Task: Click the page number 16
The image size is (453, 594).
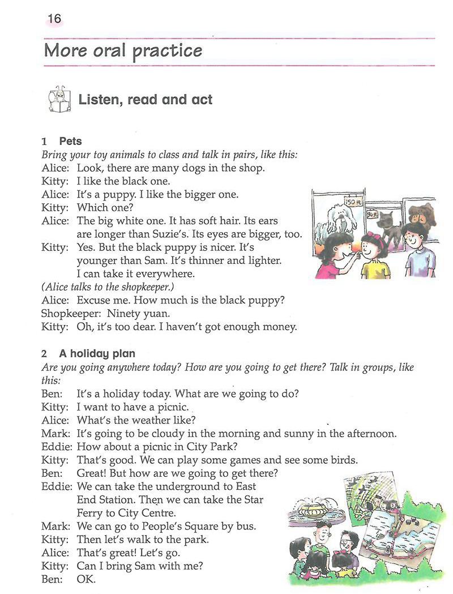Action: (x=54, y=19)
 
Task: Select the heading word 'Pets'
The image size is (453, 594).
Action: (x=70, y=142)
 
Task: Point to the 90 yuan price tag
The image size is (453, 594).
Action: (x=372, y=215)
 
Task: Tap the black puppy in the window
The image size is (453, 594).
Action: (x=389, y=223)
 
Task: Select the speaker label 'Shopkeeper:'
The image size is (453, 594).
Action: (x=68, y=313)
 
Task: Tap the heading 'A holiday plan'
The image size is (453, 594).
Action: (x=97, y=353)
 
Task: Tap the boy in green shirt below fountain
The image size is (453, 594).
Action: (x=321, y=539)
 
